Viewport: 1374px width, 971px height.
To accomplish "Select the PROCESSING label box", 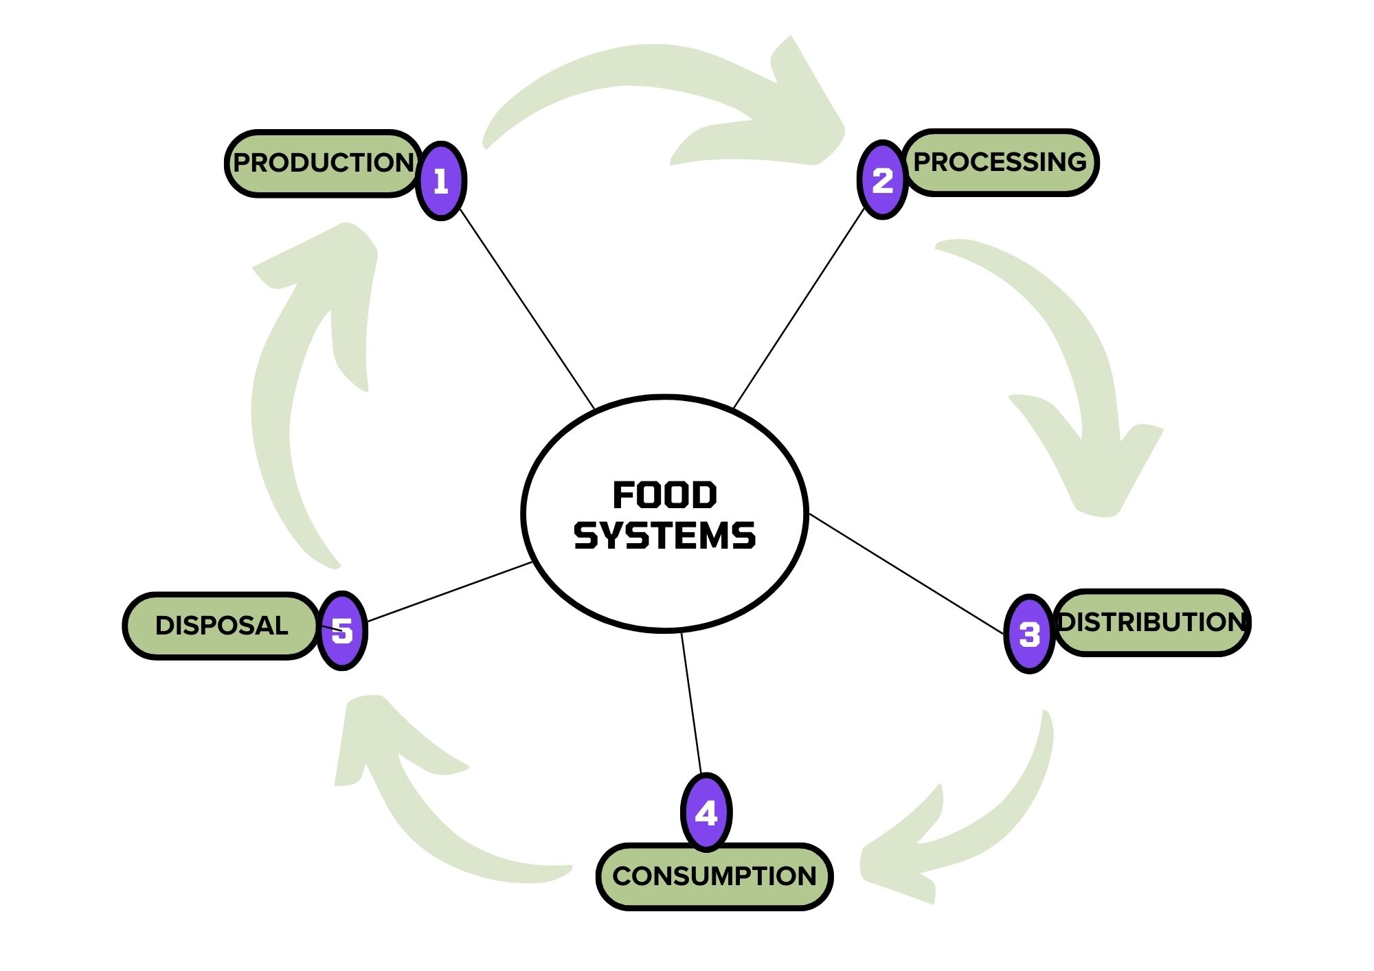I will coord(1000,163).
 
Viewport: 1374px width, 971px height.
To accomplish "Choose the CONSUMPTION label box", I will coord(714,876).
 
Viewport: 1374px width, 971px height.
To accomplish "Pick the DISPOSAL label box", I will coord(221,626).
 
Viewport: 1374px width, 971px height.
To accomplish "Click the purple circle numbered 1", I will coord(441,181).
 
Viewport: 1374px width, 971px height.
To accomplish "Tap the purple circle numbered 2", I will coord(883,180).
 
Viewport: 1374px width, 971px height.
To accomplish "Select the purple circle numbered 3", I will coord(1029,634).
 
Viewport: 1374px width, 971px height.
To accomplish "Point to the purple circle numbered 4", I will coord(706,812).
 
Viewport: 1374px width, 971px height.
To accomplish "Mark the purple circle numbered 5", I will coord(342,630).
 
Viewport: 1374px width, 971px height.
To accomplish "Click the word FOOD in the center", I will coord(664,496).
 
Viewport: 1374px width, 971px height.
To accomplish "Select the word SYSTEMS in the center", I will coord(664,536).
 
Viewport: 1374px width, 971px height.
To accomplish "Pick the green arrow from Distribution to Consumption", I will coord(989,824).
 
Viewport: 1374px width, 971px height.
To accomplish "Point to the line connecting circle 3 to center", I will coord(907,574).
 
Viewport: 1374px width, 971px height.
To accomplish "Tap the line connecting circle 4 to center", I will coord(691,703).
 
